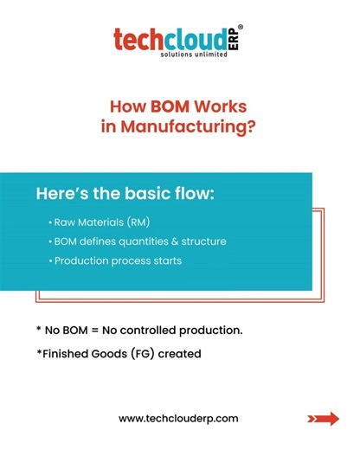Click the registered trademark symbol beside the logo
[x=240, y=29]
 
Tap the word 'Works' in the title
[x=220, y=107]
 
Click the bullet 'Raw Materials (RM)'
[x=100, y=222]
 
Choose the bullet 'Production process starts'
[x=117, y=260]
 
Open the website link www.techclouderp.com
[x=177, y=418]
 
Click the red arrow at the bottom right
[x=323, y=419]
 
